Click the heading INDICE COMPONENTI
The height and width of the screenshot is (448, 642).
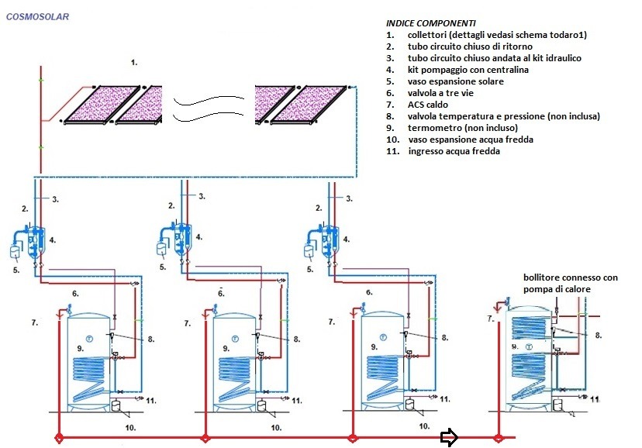coord(430,23)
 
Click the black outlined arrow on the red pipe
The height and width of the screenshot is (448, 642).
coord(449,438)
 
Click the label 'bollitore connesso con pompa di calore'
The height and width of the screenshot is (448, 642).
coord(571,283)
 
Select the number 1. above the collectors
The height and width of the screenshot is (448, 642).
coord(134,62)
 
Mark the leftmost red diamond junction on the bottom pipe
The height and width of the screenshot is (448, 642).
coord(59,439)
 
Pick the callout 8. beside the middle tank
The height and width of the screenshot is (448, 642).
coord(295,339)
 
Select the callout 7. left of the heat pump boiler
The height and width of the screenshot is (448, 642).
coord(490,319)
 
